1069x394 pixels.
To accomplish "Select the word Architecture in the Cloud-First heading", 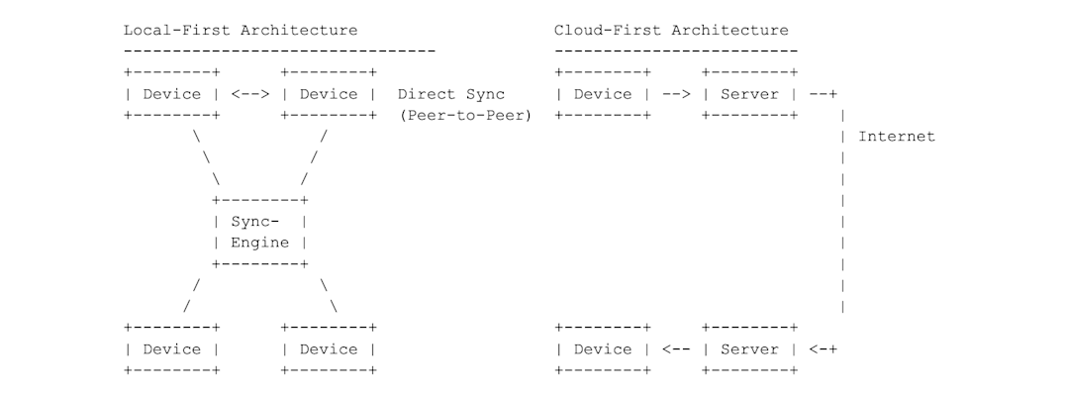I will tap(729, 30).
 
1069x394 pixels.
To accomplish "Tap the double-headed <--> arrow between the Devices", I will tap(250, 94).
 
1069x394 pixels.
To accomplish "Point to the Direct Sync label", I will tap(450, 94).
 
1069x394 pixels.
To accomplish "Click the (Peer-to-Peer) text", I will tap(465, 116).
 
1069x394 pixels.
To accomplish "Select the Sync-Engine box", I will tap(259, 232).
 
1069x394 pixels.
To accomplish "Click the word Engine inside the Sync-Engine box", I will tap(259, 243).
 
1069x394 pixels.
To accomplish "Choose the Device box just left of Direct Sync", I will tap(329, 94).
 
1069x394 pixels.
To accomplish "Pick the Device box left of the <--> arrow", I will tap(171, 94).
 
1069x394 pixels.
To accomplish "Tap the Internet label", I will tap(896, 137).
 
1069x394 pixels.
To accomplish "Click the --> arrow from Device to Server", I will tap(675, 94).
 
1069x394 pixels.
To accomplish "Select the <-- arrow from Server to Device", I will tap(675, 348).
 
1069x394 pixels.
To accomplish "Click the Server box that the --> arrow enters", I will tap(749, 94).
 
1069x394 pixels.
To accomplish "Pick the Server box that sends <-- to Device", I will tap(749, 348).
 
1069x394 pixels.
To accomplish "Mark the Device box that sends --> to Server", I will tap(603, 94).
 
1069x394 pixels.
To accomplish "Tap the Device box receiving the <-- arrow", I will tap(603, 348).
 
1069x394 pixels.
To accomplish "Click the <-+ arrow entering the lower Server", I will tap(823, 348).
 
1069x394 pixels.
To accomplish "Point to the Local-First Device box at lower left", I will tap(171, 348).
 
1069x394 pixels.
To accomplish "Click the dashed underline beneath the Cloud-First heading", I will tap(675, 50).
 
